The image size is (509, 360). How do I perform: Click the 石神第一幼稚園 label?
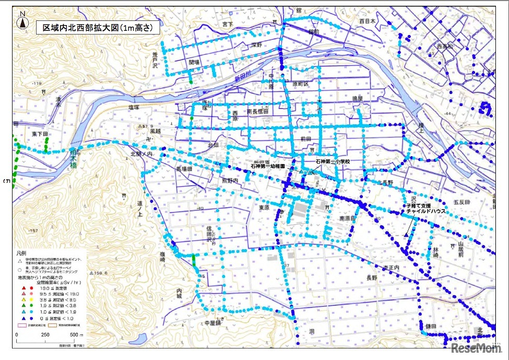click(x=268, y=166)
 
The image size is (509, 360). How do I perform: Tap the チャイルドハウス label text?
click(x=427, y=211)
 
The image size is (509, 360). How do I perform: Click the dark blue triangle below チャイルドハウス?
click(x=406, y=236)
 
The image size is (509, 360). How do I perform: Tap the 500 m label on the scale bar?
click(x=75, y=334)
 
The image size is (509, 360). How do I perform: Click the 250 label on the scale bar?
click(x=45, y=334)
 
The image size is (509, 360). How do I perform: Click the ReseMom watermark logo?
click(x=476, y=348)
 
